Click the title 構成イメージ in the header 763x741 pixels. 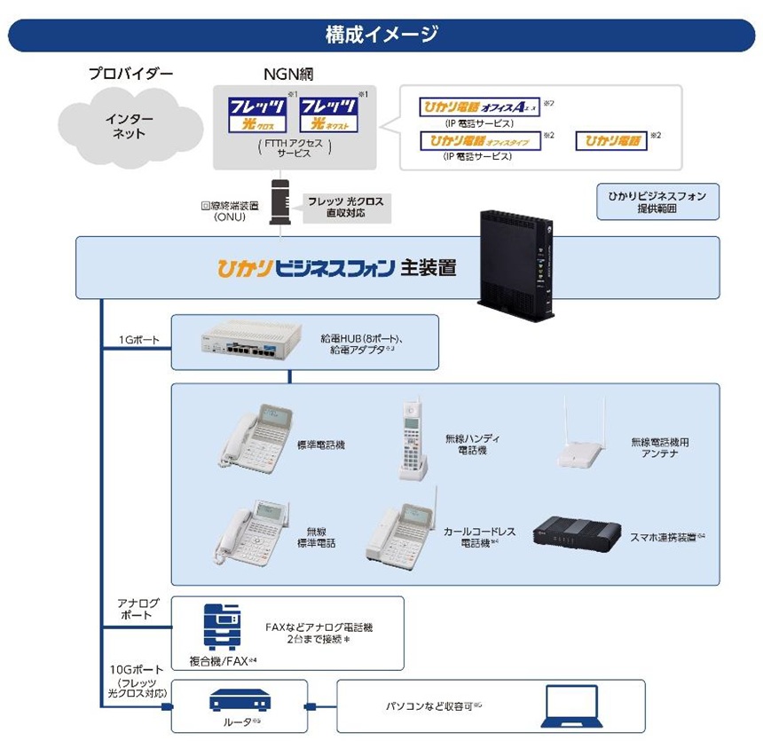pos(381,35)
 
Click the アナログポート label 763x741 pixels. pos(136,608)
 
